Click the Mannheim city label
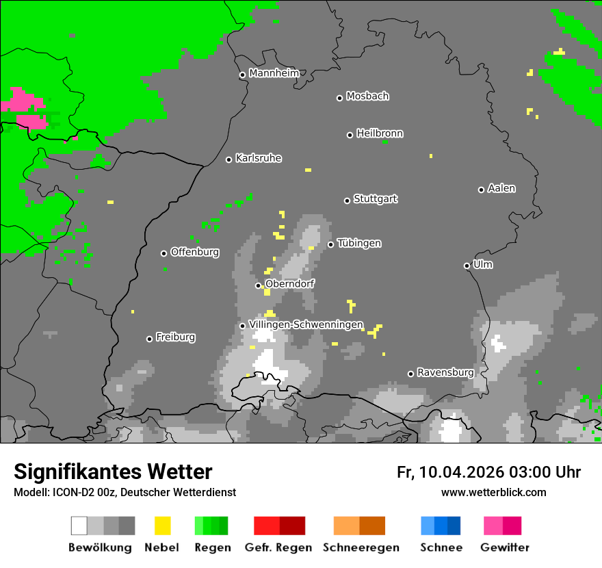point(274,73)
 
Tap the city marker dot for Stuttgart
point(347,201)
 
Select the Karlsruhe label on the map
point(258,158)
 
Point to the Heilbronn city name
point(380,133)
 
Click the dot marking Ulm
point(467,266)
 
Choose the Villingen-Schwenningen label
point(306,324)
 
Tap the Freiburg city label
point(175,337)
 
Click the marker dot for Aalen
point(481,190)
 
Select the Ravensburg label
point(445,372)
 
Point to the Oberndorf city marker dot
point(258,285)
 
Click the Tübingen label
point(359,243)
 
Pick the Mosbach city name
point(367,96)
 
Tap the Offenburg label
point(194,252)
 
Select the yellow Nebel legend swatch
point(162,526)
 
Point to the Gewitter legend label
point(504,547)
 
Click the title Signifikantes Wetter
point(113,472)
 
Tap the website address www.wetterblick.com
point(493,493)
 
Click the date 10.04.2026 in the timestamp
point(462,472)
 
